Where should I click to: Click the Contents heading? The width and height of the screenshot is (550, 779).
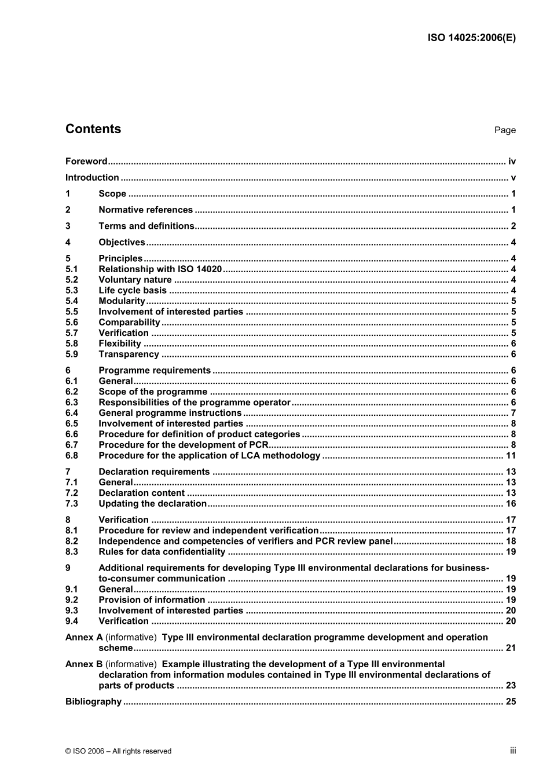click(x=93, y=129)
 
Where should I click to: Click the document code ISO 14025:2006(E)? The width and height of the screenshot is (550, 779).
click(x=471, y=38)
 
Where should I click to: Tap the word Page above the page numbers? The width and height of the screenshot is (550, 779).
click(x=505, y=130)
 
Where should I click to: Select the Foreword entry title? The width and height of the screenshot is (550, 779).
click(x=86, y=162)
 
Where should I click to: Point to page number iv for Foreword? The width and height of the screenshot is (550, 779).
click(x=512, y=162)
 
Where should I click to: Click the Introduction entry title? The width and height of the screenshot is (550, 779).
click(x=92, y=178)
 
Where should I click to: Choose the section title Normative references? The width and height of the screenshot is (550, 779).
click(x=145, y=210)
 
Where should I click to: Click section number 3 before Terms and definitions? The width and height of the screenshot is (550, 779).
click(x=68, y=226)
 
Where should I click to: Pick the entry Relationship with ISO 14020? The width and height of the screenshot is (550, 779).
click(x=160, y=269)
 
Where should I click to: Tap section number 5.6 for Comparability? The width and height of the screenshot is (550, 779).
click(x=71, y=323)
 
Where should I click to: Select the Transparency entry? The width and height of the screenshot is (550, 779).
click(x=129, y=354)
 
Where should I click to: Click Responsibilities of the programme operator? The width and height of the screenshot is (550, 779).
click(x=195, y=403)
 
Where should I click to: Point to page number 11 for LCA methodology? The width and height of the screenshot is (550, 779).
click(x=511, y=456)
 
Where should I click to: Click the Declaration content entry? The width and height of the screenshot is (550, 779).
click(x=141, y=493)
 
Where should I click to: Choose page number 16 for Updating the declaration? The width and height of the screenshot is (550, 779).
click(x=511, y=504)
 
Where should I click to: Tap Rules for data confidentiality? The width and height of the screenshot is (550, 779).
click(x=162, y=552)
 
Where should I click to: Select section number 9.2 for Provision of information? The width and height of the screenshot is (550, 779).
click(x=71, y=600)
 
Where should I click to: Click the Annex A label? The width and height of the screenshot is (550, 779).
click(x=84, y=638)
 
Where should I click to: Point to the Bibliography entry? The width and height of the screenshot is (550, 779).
click(x=93, y=702)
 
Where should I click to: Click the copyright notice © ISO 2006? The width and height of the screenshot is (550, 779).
click(x=118, y=751)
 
